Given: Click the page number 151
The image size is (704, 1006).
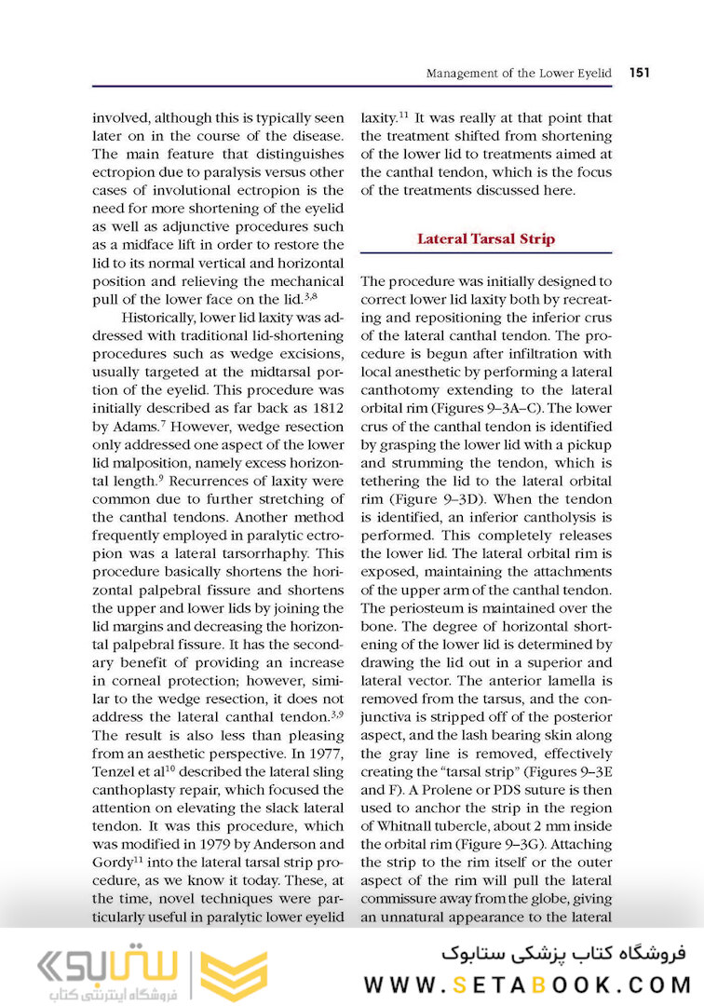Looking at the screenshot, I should pyautogui.click(x=639, y=73).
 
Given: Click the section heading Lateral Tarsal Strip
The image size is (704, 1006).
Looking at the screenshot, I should pyautogui.click(x=485, y=238).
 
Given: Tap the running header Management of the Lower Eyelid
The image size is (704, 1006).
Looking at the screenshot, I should pyautogui.click(x=518, y=73).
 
